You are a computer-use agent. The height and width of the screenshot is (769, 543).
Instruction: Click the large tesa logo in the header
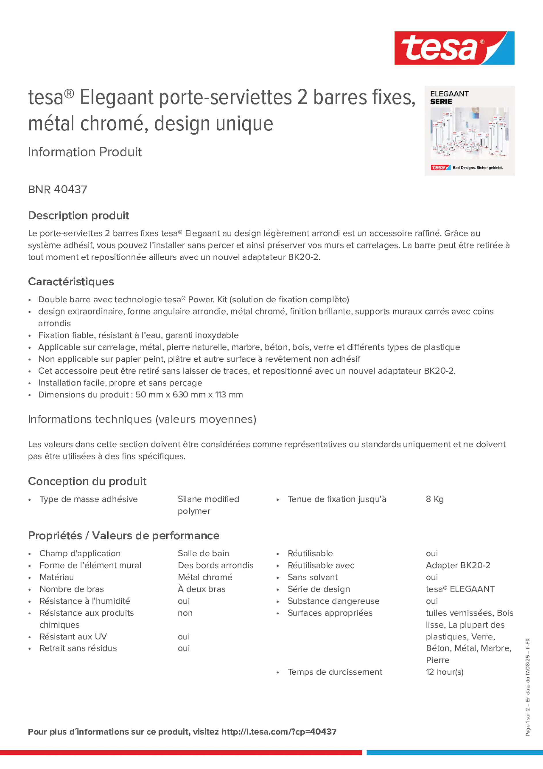click(454, 48)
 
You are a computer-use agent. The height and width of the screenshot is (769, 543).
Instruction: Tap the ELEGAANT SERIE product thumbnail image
click(469, 131)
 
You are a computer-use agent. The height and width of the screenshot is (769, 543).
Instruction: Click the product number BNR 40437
click(58, 189)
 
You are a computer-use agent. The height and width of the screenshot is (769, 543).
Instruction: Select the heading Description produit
click(78, 215)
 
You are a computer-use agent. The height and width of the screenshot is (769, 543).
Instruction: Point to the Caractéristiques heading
click(71, 282)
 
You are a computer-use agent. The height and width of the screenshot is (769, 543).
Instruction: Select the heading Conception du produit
click(87, 481)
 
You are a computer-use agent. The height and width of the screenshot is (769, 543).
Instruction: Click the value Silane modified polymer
click(208, 505)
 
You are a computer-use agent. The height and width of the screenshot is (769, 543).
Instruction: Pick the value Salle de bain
click(203, 553)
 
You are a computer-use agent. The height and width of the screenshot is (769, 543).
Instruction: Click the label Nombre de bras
click(72, 589)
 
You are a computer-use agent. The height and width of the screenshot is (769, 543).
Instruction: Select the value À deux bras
click(201, 589)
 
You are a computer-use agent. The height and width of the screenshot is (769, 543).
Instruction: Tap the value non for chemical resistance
click(185, 613)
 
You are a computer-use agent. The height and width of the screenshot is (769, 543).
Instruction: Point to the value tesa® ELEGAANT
click(460, 589)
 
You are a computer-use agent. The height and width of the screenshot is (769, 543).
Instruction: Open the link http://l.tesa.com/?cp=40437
click(279, 732)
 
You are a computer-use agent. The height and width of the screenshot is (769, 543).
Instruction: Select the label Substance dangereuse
click(334, 601)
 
